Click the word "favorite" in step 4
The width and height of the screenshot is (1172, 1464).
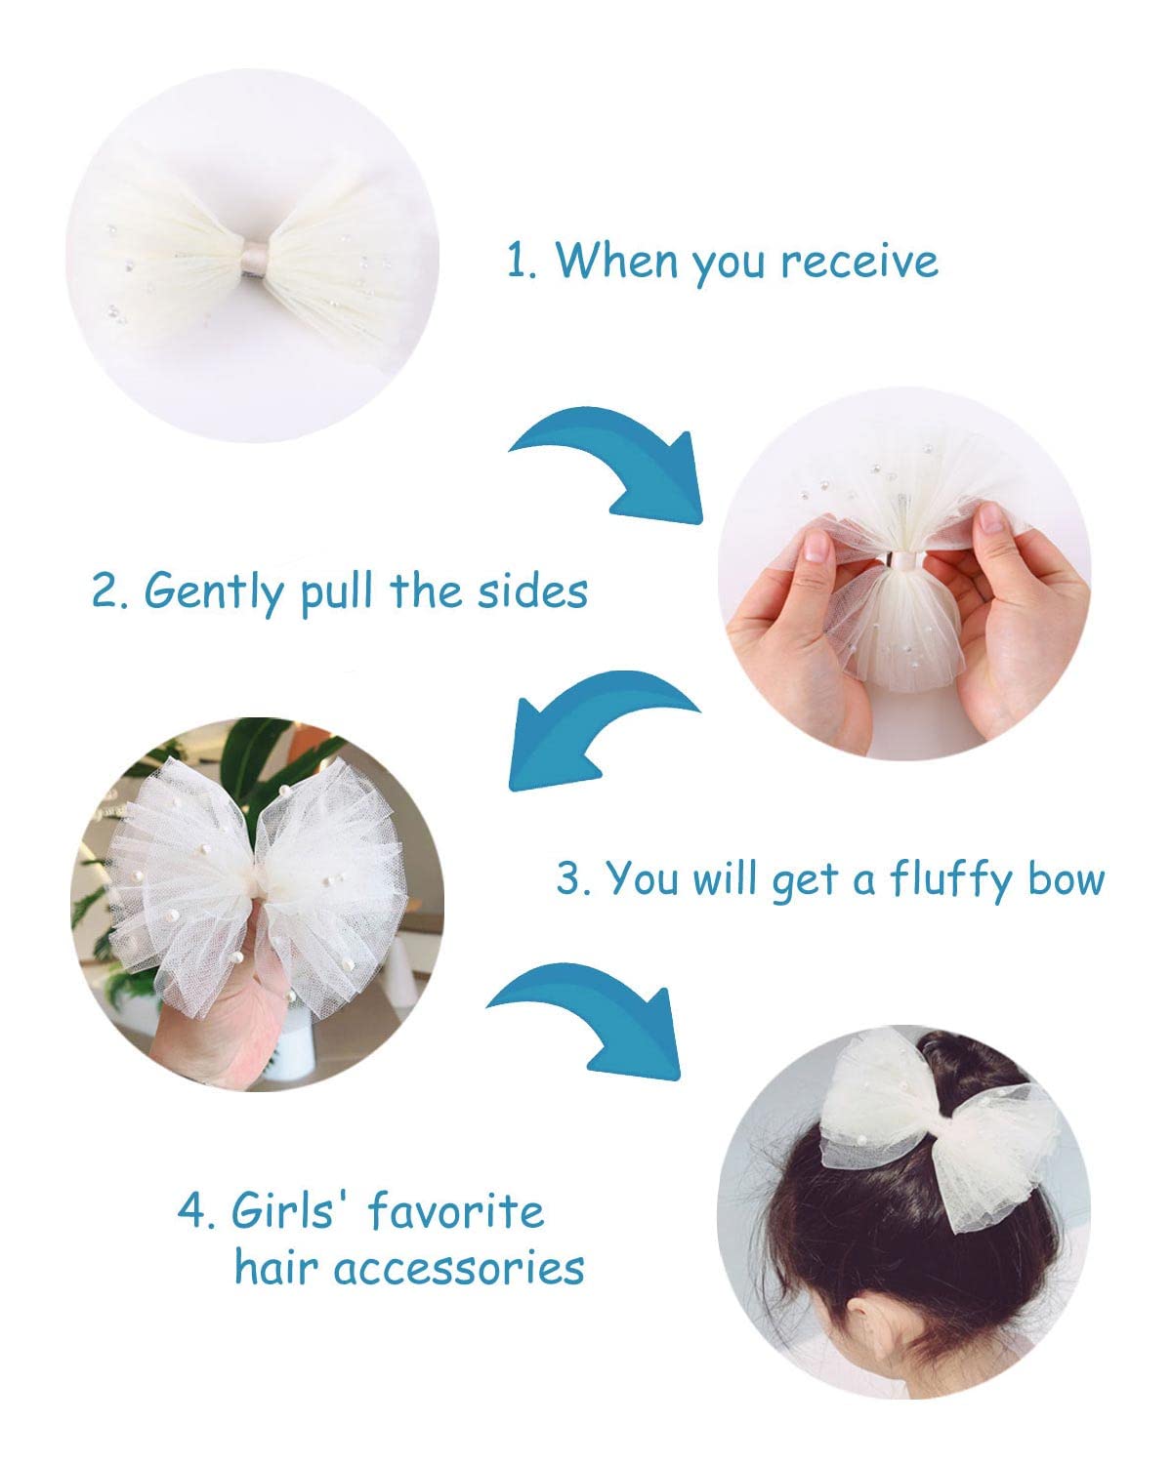[x=455, y=1212]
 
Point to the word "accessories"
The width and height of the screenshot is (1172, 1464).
[x=459, y=1269]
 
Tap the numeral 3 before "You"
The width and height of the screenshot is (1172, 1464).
[x=569, y=879]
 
